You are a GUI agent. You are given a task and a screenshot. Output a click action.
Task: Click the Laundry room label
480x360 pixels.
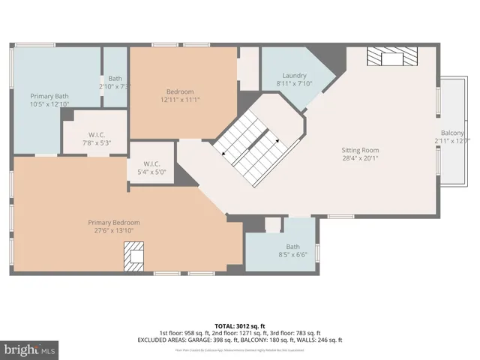(295, 75)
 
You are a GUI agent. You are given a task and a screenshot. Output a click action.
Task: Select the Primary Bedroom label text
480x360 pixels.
(114, 222)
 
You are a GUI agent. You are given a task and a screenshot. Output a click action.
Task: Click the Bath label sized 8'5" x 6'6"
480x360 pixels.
(292, 247)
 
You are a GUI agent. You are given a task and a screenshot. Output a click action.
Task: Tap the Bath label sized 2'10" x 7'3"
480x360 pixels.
(115, 79)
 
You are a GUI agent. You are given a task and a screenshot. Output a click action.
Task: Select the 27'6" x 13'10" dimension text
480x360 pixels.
(114, 231)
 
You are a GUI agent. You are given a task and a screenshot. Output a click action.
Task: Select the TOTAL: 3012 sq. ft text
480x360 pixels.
(239, 326)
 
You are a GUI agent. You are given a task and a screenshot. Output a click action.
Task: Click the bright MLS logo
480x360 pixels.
(30, 350)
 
